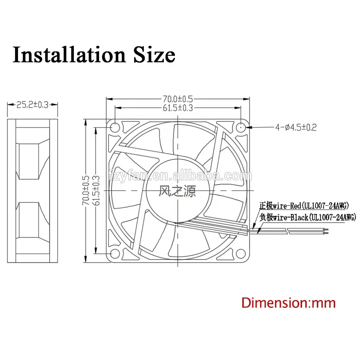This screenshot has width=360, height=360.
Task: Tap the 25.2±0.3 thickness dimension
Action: pos(32,105)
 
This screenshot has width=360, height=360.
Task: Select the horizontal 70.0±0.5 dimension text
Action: pos(177,98)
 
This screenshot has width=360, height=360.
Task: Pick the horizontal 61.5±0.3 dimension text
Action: pos(177,108)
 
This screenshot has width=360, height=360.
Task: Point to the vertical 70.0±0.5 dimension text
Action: pos(86,190)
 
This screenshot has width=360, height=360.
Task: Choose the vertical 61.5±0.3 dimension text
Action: pos(96,190)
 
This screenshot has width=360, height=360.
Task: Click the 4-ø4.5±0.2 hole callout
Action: pos(296,127)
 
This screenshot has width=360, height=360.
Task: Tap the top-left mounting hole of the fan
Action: pos(115,127)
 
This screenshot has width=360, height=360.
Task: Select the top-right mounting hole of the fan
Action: pos(241,127)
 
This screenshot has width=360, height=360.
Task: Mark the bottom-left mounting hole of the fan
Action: pos(115,253)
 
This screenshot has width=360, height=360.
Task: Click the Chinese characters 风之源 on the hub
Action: pos(177,190)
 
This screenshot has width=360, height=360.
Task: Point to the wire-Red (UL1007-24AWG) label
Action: pos(304,206)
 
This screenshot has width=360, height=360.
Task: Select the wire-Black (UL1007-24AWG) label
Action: pos(308,217)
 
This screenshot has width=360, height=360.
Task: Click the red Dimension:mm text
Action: pos(288,302)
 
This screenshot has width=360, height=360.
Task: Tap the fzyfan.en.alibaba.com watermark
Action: pos(180,176)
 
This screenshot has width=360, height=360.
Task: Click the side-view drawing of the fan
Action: pos(33,190)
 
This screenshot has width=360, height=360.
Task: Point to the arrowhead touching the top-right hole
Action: pos(248,127)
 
